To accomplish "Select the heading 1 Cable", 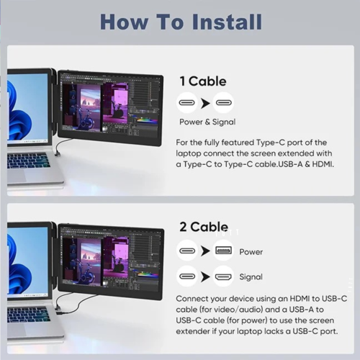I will pyautogui.click(x=202, y=81).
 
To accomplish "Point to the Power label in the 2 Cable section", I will pyautogui.click(x=251, y=252).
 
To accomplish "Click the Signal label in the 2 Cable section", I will pyautogui.click(x=251, y=276).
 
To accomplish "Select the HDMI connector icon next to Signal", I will pyautogui.click(x=223, y=276).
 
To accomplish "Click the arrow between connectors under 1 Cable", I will pyautogui.click(x=206, y=102).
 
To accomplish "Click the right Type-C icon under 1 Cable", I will pyautogui.click(x=223, y=102).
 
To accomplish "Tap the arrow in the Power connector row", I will pyautogui.click(x=206, y=252).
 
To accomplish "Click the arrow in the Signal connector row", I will pyautogui.click(x=206, y=276).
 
